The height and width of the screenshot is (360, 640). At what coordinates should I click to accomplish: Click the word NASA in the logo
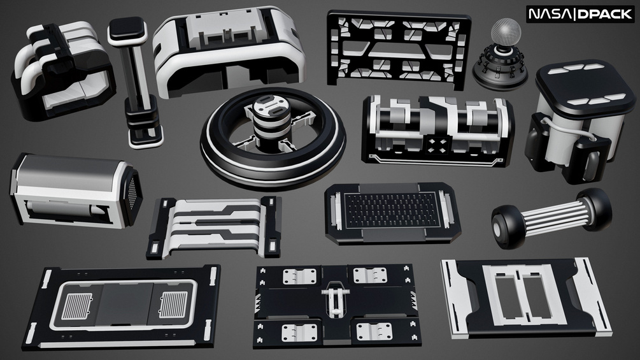[x=551, y=14]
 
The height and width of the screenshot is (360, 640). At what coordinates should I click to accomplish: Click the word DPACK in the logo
[x=605, y=14]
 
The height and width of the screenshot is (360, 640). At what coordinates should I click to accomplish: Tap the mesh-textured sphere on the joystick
[x=506, y=31]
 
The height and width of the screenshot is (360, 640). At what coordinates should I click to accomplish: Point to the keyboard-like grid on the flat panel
[x=392, y=210]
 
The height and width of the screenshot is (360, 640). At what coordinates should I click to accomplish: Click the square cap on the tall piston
[x=127, y=30]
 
